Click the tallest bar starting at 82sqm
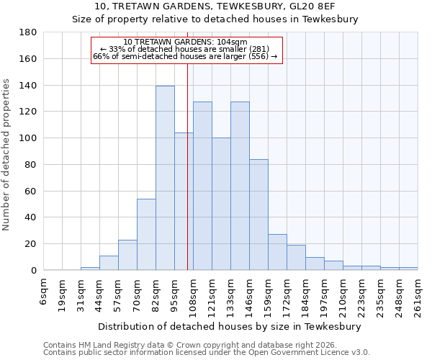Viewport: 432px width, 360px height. click(x=165, y=178)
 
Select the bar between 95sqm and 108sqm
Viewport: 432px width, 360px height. click(x=184, y=202)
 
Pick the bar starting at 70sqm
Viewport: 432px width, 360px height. click(x=146, y=234)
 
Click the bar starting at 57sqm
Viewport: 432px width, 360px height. click(x=127, y=255)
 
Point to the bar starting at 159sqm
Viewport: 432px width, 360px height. click(x=277, y=252)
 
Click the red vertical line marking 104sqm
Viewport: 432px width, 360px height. click(x=187, y=166)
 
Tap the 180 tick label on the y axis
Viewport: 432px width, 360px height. click(x=28, y=32)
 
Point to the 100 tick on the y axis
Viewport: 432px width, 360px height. click(x=28, y=138)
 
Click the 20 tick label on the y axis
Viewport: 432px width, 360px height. click(x=31, y=244)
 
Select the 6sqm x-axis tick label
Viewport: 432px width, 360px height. click(x=44, y=292)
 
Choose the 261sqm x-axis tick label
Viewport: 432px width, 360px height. click(x=418, y=295)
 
